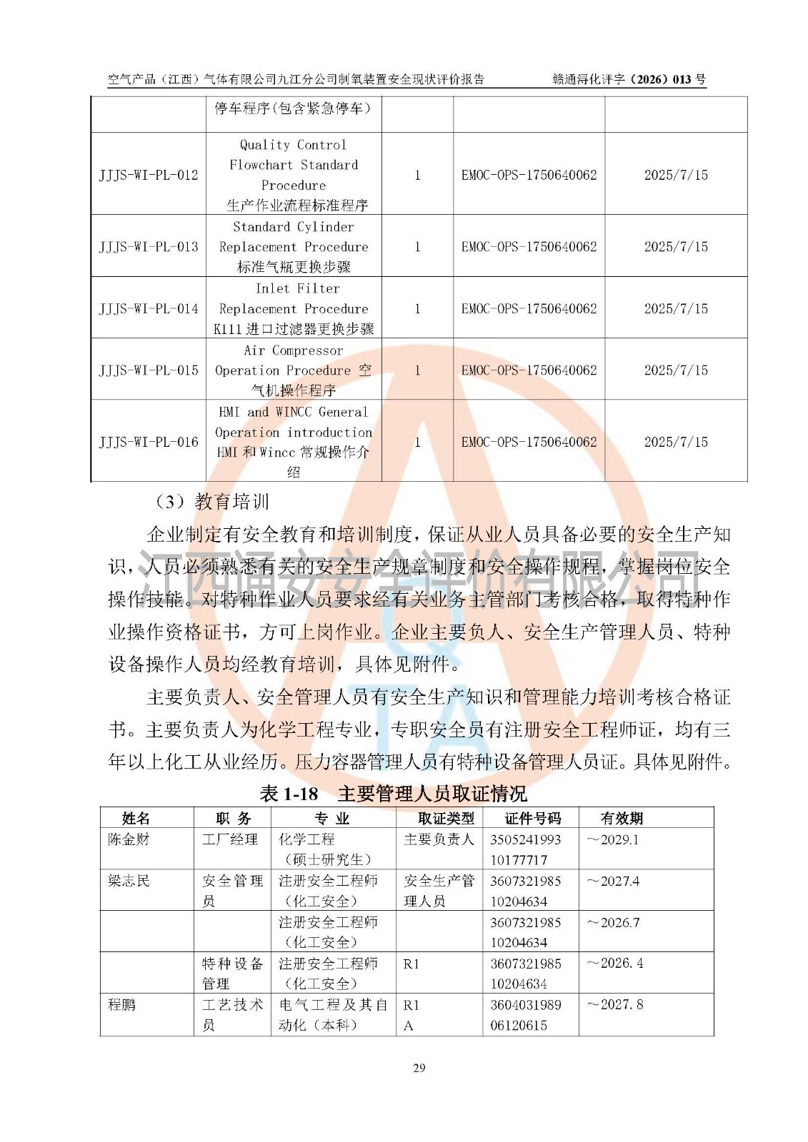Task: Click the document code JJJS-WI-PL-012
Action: (x=149, y=175)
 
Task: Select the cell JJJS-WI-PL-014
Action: (x=149, y=308)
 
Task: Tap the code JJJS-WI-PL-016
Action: (x=149, y=442)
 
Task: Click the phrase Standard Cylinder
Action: (x=294, y=227)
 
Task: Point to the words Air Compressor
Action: (x=294, y=350)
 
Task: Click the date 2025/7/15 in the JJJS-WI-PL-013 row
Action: (x=676, y=246)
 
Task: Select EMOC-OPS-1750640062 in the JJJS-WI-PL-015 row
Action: (x=529, y=370)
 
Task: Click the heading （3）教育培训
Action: (x=212, y=502)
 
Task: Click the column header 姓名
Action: (x=136, y=818)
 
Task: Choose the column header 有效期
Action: (x=622, y=818)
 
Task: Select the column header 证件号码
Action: (x=532, y=818)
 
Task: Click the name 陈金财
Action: (x=129, y=839)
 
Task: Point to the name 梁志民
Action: (x=129, y=881)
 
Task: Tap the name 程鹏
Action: (x=121, y=1004)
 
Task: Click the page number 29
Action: (x=419, y=1068)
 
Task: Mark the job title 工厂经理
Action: (x=230, y=839)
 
